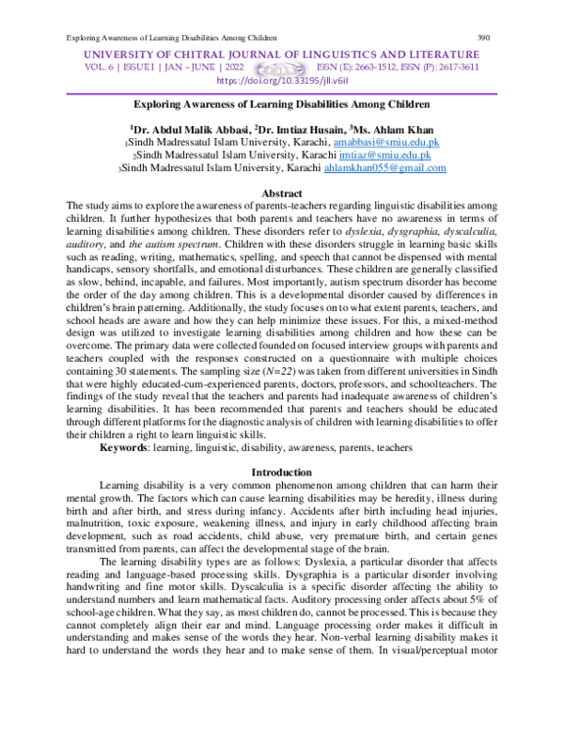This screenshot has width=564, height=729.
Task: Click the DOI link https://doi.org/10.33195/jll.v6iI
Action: click(x=282, y=81)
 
